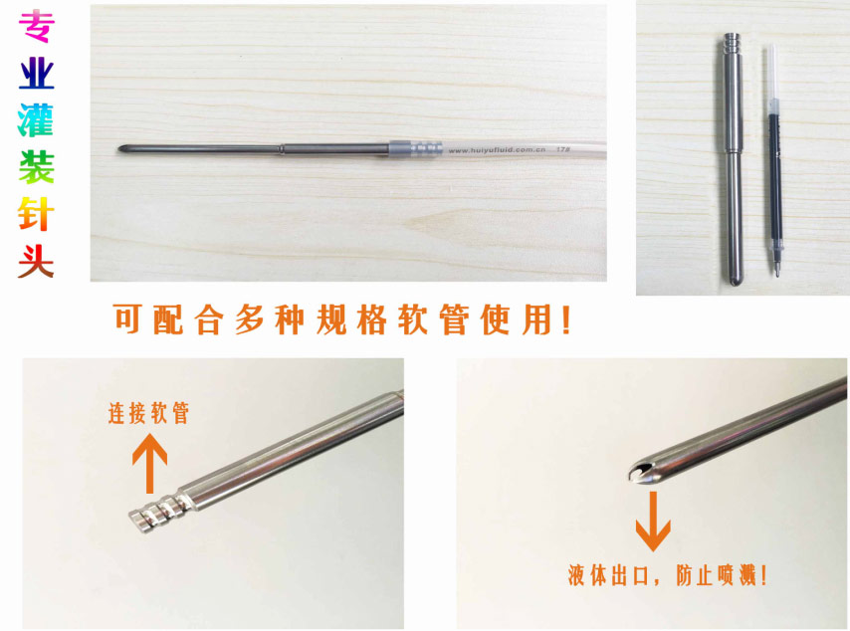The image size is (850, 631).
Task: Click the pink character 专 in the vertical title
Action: coord(36,26)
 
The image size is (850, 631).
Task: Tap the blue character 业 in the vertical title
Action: coord(36,74)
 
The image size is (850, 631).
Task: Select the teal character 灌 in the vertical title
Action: coord(36,120)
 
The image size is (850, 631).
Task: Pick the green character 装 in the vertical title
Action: coord(36,167)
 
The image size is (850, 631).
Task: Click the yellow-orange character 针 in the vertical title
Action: coord(36,214)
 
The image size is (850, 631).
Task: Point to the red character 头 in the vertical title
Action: coord(36,261)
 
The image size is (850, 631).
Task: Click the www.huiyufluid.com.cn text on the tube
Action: coord(497,149)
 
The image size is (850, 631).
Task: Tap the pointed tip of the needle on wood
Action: coord(119,148)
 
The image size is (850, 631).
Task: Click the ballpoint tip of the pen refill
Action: coord(776,275)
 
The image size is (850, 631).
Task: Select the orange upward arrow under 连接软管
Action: coord(149,464)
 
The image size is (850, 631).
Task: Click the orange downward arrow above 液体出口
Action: coord(653,521)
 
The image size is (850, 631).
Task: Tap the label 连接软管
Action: coord(148,413)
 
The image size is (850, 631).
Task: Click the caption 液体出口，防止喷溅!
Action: coord(667,574)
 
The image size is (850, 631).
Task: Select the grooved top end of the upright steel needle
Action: coord(732,42)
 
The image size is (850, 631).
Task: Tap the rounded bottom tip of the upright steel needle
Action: coord(735,281)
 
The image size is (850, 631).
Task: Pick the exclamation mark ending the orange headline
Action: coord(567,319)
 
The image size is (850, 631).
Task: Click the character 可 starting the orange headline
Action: coord(128,319)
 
